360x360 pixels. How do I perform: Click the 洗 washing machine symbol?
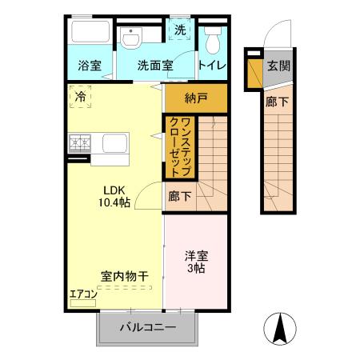coord(180,30)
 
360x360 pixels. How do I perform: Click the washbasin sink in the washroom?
coord(132,38)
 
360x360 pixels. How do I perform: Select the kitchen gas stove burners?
coord(81,144)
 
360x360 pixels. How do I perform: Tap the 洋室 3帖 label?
coord(195,262)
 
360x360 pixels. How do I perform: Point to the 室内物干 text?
coord(124,276)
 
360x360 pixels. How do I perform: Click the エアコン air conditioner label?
coord(82,294)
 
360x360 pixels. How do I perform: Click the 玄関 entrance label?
coord(278,66)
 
